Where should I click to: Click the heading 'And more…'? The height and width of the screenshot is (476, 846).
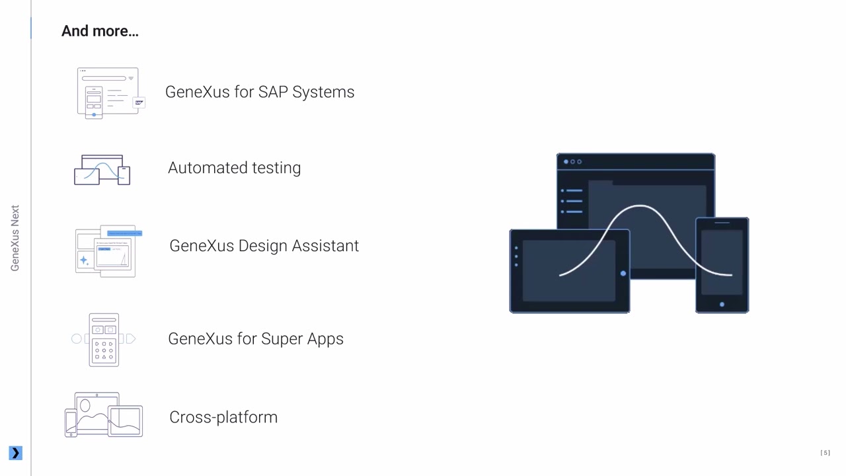pos(100,31)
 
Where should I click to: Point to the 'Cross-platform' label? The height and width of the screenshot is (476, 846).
pos(223,417)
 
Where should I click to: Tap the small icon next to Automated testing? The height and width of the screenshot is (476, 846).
pos(102,171)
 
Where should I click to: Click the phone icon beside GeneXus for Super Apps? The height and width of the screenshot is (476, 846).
pos(104,340)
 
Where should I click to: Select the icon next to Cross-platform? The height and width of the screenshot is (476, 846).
pos(104,415)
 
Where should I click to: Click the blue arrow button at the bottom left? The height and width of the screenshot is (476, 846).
pos(15,453)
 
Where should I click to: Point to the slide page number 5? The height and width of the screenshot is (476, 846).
pos(825,453)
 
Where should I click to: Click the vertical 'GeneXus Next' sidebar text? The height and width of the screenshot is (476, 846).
pos(15,238)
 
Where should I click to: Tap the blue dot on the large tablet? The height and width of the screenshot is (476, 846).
pos(623,273)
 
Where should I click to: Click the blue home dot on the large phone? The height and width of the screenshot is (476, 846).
pos(722,304)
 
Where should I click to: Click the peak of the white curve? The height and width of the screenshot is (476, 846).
pos(640,206)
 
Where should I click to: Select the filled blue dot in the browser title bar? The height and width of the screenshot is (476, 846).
pos(566,161)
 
